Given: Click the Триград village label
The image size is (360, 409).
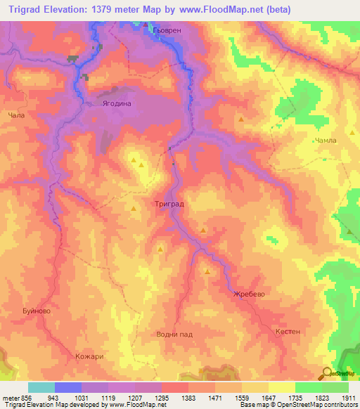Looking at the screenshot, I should click(x=169, y=203).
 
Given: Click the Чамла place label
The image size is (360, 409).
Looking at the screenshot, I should click(x=326, y=141).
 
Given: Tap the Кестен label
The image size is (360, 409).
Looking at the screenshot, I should click(x=288, y=331).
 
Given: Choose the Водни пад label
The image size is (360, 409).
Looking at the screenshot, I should click(x=174, y=335).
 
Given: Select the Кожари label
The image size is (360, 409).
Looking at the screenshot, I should click(x=89, y=356).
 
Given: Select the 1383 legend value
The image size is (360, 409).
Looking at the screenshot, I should click(x=188, y=397).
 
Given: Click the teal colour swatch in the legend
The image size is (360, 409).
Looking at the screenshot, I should click(x=41, y=387).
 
